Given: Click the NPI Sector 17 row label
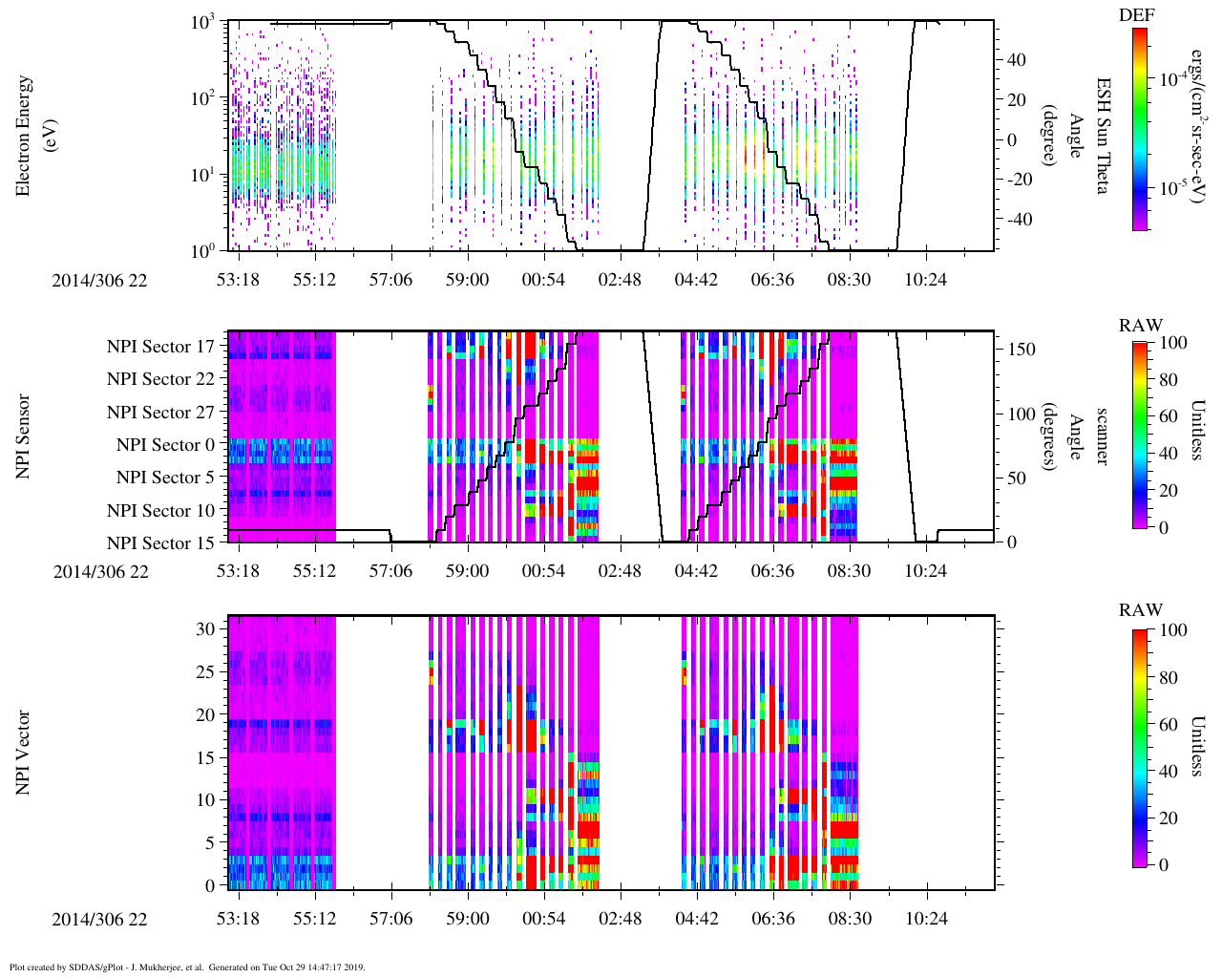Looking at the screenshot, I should coord(160,347).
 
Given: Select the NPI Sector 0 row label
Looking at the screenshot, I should coord(165,445).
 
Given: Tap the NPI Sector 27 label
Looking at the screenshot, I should coord(160,413).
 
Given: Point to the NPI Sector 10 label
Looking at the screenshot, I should coord(160,511).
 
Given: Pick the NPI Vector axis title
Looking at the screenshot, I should coord(24,753).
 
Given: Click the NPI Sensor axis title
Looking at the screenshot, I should coord(24,436).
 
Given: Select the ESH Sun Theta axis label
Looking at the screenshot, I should coord(1102,136).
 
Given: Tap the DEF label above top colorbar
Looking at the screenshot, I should coord(1136,14).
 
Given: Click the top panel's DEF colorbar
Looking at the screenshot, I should coord(1139,129).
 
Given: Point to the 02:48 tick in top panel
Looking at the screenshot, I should coord(620,279).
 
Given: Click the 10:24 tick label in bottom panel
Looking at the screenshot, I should coord(925,919).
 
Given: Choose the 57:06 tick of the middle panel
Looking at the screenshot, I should coord(390,571).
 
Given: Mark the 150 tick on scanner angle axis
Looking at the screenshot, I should coord(1022,350).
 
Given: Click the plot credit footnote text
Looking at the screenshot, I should coord(187,967).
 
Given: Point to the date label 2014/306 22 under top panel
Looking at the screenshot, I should coord(100,281).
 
